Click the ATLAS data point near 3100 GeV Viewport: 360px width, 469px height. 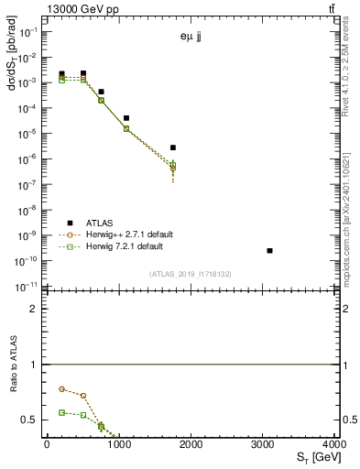coord(269,250)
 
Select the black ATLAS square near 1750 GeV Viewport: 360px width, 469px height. coord(173,147)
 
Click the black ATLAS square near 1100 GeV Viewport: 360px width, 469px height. coord(126,118)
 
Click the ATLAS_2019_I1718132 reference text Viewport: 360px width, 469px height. coord(191,274)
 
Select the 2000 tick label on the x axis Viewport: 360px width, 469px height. coord(191,444)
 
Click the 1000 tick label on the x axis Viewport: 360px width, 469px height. coord(118,444)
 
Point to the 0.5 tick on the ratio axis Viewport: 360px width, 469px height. coord(32,420)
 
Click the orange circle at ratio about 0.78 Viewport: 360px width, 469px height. coord(61,389)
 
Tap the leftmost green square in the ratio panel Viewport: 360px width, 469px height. coord(61,412)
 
